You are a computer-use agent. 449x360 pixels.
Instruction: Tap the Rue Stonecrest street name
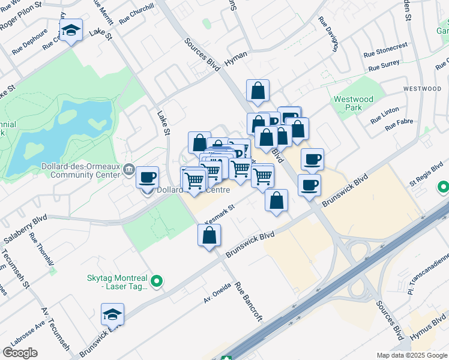tap(385, 49)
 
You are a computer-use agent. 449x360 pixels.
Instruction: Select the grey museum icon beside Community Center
tap(129, 171)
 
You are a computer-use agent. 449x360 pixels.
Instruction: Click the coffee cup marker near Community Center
tap(147, 178)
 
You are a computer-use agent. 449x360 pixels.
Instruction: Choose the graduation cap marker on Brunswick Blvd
tap(112, 314)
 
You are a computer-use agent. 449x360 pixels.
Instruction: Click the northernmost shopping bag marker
tap(258, 91)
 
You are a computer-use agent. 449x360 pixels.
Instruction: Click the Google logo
tap(20, 353)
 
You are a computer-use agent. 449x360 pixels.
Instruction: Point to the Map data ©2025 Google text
tap(411, 355)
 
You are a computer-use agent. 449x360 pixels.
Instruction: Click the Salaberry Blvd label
tap(25, 229)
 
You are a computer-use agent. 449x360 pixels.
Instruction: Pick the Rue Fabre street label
tap(399, 125)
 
